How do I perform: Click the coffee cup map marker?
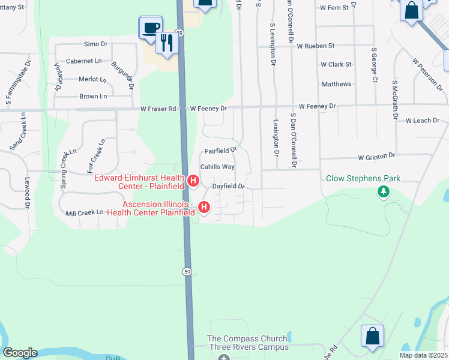point(151,28)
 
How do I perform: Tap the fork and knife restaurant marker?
point(167,43)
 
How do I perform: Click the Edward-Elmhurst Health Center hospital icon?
point(193,180)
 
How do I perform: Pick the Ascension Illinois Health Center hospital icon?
point(204,208)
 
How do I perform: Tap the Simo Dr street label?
point(95,44)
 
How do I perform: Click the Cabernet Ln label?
point(84,61)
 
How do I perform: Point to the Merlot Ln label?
point(92,79)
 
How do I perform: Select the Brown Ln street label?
point(93,96)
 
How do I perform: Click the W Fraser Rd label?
point(158,109)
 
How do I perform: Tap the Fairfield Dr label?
point(221,151)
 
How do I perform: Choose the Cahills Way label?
point(217,167)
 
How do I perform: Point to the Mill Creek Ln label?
point(85,212)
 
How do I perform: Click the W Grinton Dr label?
point(376,156)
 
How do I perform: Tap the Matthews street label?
point(336,84)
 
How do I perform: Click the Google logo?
point(20,353)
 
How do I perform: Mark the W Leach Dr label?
point(427,121)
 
